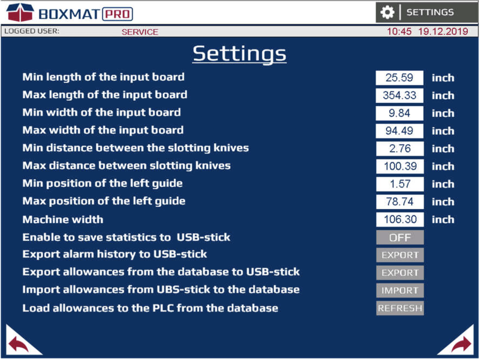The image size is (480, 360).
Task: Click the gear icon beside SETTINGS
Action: coord(387,12)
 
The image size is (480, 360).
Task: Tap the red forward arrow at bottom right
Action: coord(461,344)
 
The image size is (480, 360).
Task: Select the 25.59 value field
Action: coord(399,78)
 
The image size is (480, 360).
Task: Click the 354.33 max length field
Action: coord(399,96)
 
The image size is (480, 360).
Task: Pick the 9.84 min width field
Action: coord(399,113)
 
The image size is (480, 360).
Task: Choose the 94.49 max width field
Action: coord(399,131)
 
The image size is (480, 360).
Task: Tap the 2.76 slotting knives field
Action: coord(400,149)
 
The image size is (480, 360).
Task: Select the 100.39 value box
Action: coord(400,166)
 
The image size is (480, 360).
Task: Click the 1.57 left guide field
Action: coord(400,184)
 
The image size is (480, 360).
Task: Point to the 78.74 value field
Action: coord(400,202)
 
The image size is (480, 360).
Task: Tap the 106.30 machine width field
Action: coord(400,219)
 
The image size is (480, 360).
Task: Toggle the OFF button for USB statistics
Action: coord(400,237)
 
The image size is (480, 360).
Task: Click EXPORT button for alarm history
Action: coord(400,255)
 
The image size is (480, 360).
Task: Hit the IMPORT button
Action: coord(400,291)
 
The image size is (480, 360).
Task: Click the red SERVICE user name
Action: coord(140,32)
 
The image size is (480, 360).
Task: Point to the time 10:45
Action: coord(399,32)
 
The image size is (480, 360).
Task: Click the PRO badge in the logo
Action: coord(118,14)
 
